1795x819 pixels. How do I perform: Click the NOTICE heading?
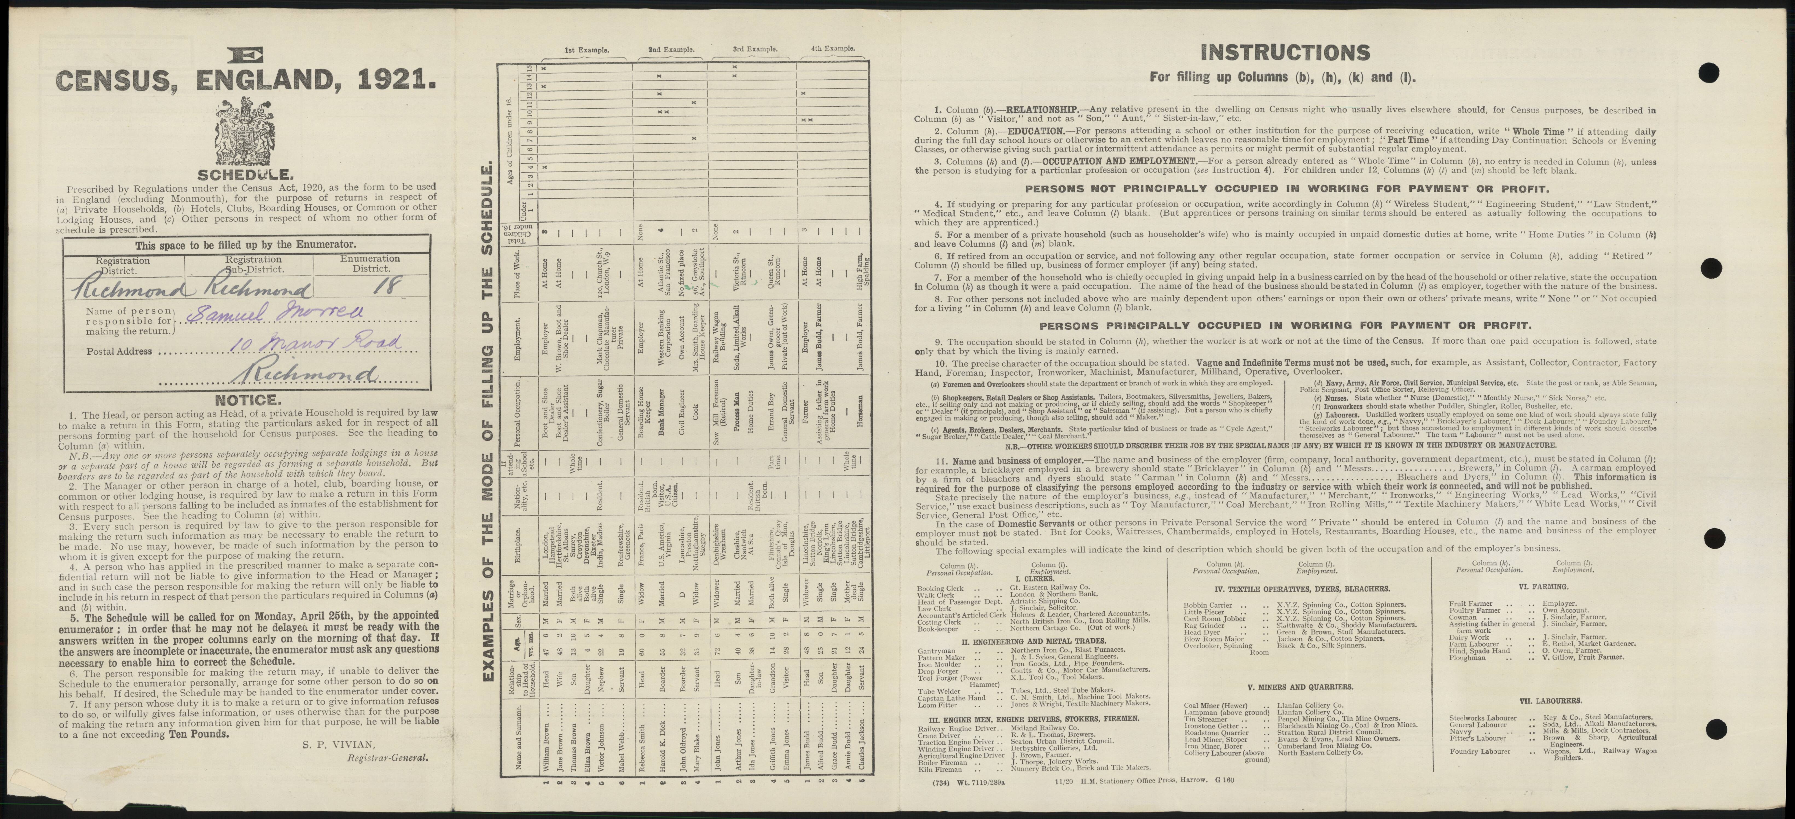click(x=247, y=400)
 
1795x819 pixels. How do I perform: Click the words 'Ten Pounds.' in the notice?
click(x=198, y=734)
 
